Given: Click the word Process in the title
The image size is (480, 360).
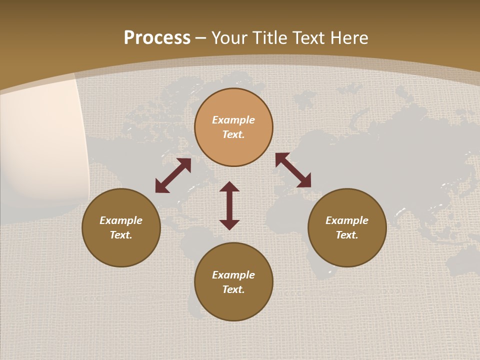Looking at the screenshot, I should [157, 38].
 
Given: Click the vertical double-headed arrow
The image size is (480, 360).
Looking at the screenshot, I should [229, 205].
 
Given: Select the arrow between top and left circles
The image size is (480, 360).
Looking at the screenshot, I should [173, 175].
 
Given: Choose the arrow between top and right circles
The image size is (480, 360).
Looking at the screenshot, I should [293, 170].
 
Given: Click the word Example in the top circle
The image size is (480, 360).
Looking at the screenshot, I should [233, 120].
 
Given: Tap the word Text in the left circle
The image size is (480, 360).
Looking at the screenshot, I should [121, 235].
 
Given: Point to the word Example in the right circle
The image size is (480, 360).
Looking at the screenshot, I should [347, 220].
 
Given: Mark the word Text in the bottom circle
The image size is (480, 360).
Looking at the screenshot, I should [233, 289].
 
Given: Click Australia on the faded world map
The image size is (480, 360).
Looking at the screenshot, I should [462, 260].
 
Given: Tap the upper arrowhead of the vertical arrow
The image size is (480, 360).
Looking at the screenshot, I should [229, 187].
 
